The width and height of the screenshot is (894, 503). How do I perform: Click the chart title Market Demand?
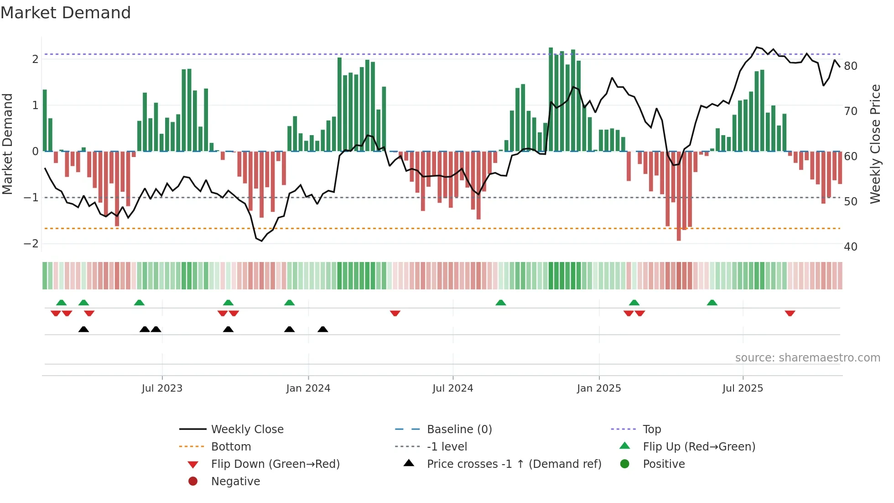[66, 13]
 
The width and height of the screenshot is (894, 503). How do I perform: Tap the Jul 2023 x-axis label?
[162, 388]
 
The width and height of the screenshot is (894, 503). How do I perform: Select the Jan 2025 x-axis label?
[598, 388]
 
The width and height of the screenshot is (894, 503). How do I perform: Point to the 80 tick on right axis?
[850, 66]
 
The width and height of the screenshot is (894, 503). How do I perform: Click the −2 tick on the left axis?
[31, 243]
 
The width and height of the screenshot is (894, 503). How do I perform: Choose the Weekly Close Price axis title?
[875, 144]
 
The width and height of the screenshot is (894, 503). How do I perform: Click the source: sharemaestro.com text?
[807, 358]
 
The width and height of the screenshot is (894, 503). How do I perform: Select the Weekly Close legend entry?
[247, 430]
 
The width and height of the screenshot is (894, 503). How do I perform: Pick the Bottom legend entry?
[231, 447]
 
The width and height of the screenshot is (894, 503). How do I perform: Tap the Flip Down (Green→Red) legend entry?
[275, 464]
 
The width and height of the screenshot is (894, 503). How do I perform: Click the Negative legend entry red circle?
[193, 482]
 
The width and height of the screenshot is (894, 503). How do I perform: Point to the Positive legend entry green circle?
[625, 464]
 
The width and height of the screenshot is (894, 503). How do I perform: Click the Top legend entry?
[651, 430]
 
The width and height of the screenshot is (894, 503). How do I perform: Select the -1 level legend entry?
[447, 447]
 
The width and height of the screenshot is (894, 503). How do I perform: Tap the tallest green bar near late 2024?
[551, 99]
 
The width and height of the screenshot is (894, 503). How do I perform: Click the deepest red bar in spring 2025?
[679, 196]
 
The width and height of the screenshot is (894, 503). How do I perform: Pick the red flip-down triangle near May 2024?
[395, 313]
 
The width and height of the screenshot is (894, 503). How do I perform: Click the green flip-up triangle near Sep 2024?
[501, 303]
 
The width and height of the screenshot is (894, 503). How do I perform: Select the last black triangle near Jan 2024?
[323, 329]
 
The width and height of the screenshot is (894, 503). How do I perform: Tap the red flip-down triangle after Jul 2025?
[790, 313]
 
